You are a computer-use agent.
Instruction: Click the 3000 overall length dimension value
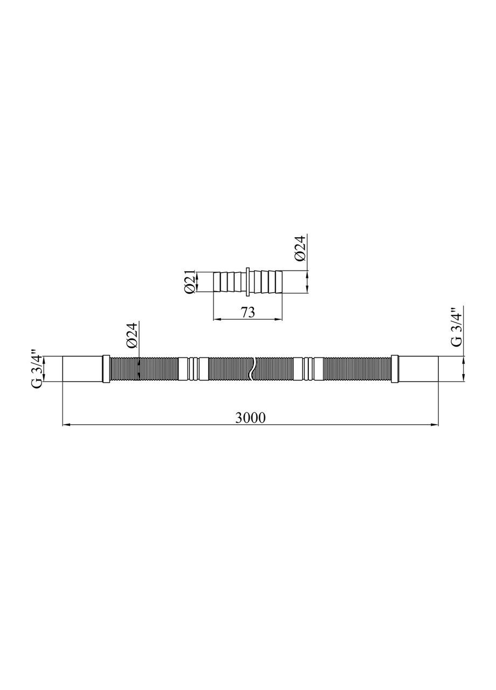[x=251, y=418]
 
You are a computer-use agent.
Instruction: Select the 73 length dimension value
[x=247, y=312]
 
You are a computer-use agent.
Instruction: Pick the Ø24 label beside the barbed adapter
[x=300, y=249]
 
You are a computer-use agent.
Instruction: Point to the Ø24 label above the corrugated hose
[x=133, y=336]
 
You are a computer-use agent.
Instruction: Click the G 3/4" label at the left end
[x=37, y=369]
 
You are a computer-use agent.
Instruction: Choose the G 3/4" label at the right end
[x=456, y=327]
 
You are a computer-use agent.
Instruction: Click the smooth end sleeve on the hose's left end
[x=82, y=369]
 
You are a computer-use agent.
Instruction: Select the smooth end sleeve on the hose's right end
[x=418, y=369]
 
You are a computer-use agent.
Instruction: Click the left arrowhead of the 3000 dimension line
[x=66, y=425]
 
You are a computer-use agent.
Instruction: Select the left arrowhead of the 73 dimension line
[x=217, y=319]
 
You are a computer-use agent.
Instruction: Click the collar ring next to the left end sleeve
[x=106, y=369]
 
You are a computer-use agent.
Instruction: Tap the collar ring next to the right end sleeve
[x=395, y=369]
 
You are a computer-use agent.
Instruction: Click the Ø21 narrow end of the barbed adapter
[x=217, y=282]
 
